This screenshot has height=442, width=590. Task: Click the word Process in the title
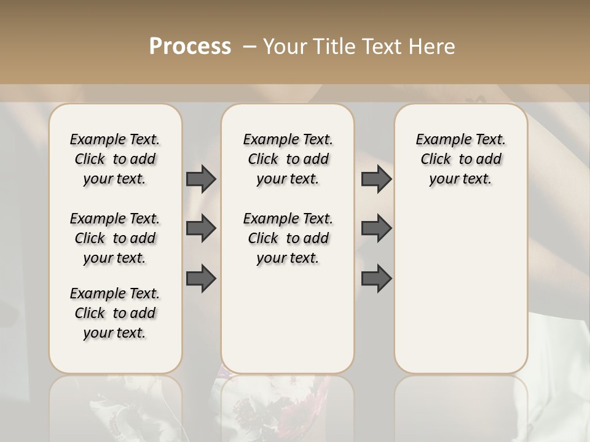190,47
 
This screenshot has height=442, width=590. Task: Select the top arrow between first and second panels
201,179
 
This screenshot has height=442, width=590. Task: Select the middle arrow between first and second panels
201,228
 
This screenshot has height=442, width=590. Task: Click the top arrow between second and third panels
376,179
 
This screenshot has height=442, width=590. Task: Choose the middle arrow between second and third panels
376,228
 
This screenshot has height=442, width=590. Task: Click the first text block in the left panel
115,159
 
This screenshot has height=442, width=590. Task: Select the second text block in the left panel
115,238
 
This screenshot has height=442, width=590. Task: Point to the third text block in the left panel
115,313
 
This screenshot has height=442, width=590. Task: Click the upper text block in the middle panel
288,159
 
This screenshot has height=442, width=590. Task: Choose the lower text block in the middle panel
288,238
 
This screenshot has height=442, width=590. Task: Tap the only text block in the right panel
460,159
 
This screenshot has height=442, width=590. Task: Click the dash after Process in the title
250,47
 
